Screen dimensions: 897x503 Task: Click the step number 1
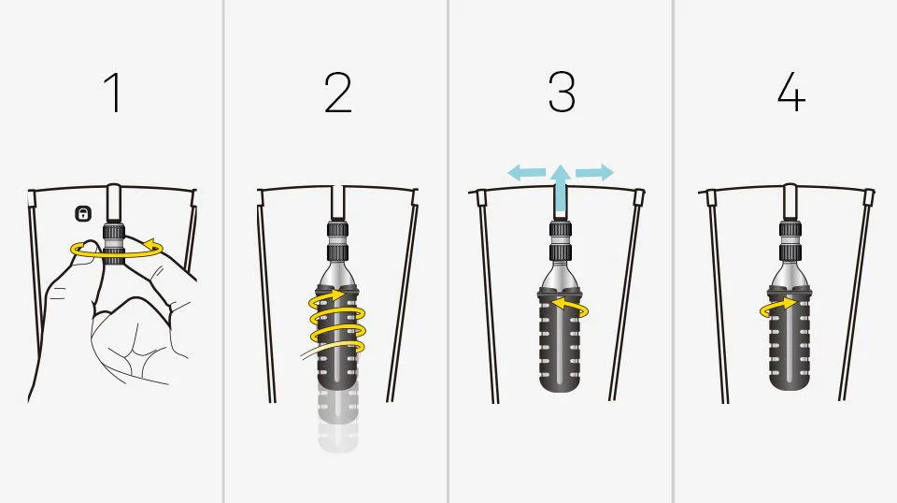(x=114, y=93)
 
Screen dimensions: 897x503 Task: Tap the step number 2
(x=337, y=93)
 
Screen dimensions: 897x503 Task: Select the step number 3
(x=562, y=92)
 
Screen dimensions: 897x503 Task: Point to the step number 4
(x=791, y=93)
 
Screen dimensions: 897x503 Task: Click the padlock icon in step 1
(x=83, y=214)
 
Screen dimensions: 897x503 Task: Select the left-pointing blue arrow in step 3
(x=527, y=172)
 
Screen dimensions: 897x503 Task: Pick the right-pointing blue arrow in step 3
(x=594, y=172)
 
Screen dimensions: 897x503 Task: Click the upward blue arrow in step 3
(x=562, y=189)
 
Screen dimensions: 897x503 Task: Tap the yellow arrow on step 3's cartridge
(x=572, y=309)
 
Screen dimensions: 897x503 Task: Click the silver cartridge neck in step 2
(x=338, y=275)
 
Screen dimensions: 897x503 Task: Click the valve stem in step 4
(x=790, y=202)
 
